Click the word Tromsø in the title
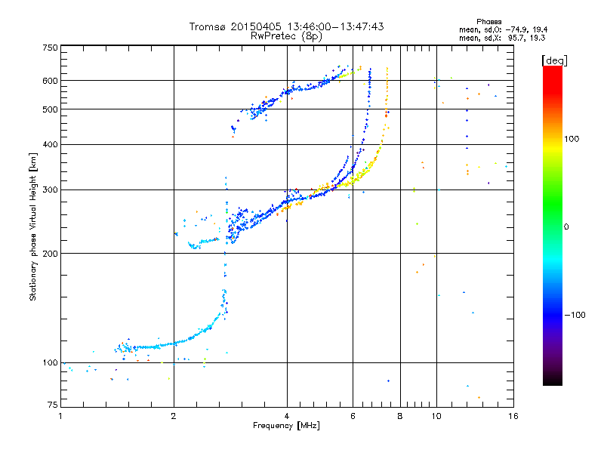[208, 27]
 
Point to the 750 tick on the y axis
[50, 48]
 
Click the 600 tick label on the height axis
[50, 81]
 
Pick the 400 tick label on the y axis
[50, 144]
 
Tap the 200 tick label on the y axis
[50, 253]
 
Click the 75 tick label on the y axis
[52, 407]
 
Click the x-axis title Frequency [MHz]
[286, 427]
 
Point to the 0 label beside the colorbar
[567, 226]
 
